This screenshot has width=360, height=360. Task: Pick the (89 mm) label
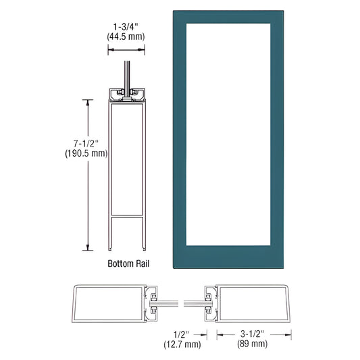253,344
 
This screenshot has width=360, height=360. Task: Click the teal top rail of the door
226,17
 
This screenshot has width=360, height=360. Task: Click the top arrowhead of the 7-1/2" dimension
87,102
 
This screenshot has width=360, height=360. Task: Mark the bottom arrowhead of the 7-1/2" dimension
87,248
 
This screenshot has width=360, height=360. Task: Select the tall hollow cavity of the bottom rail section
126,159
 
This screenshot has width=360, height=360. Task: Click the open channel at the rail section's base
126,233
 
